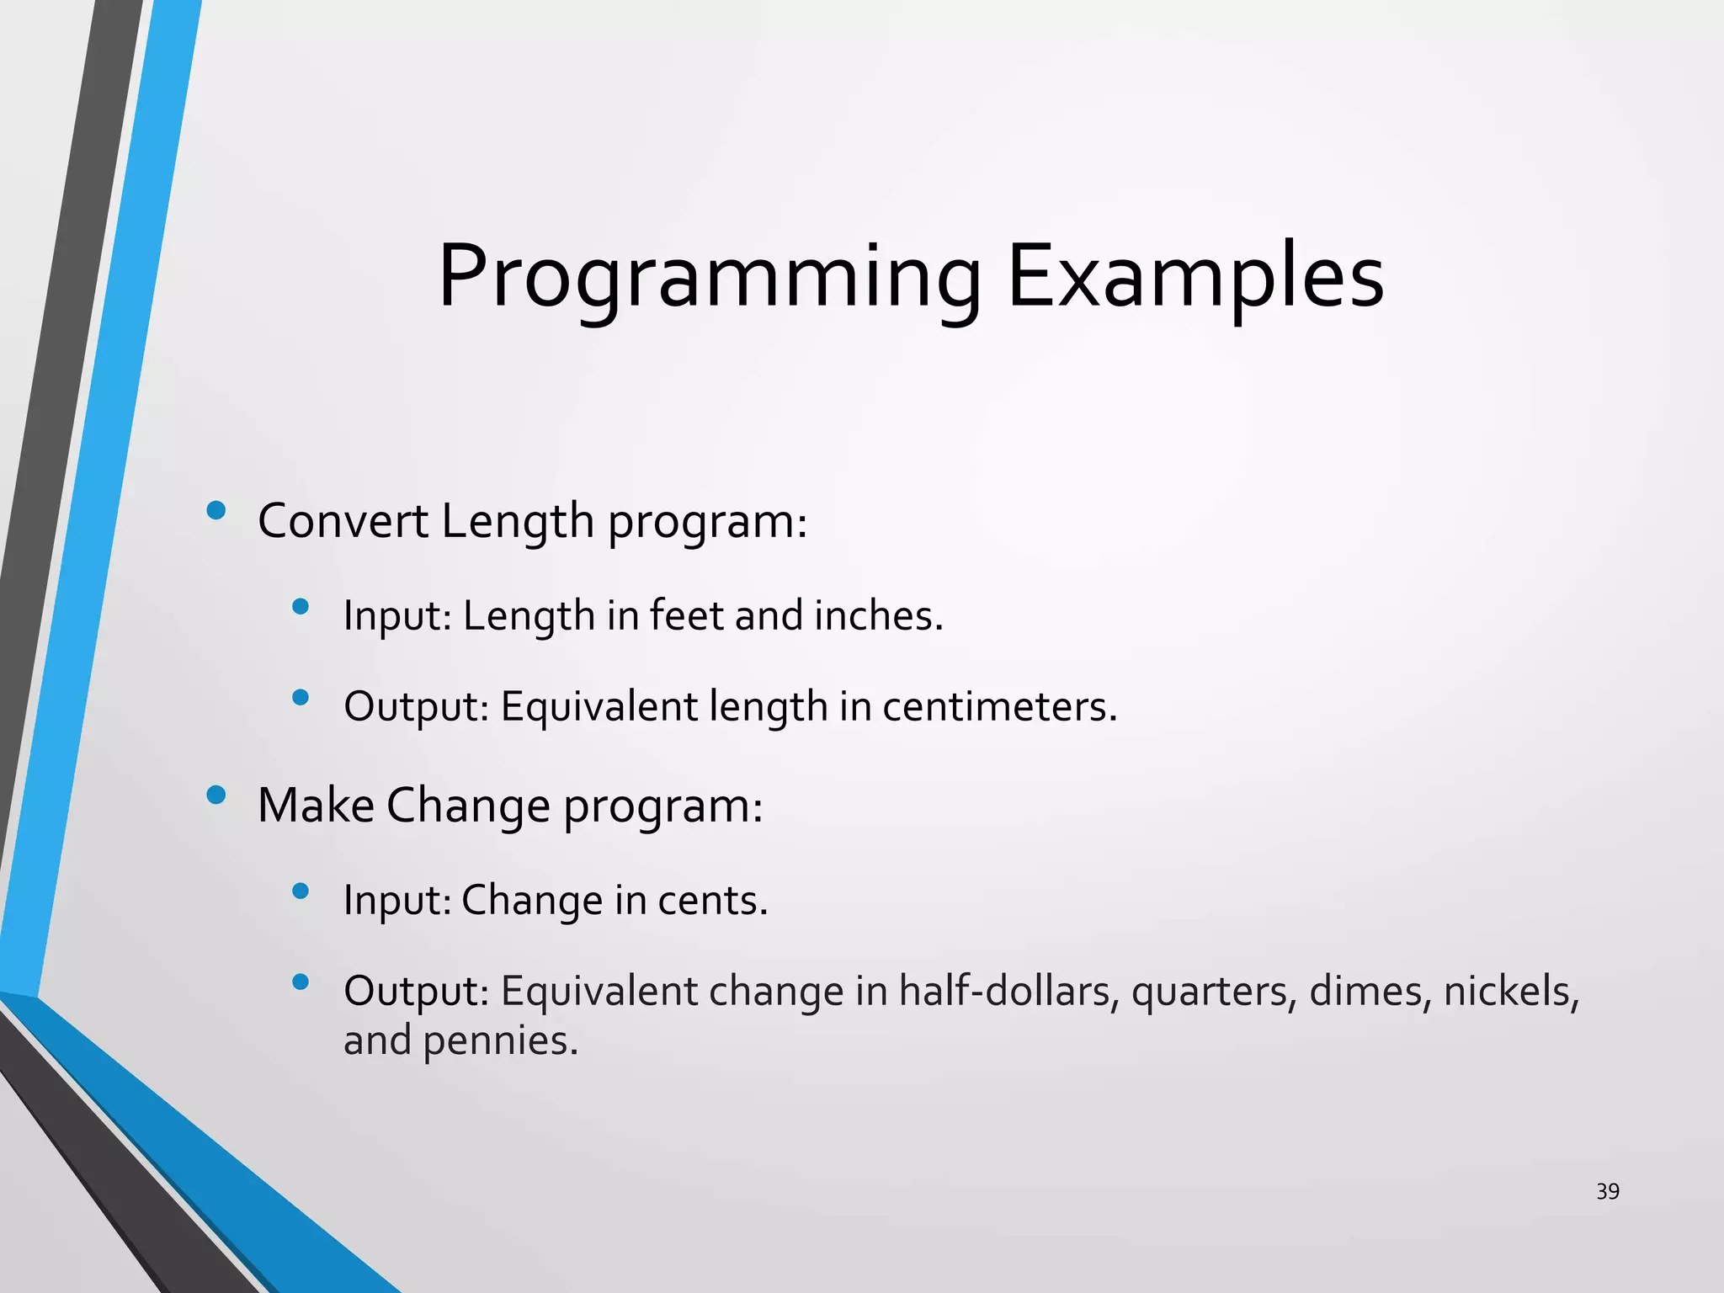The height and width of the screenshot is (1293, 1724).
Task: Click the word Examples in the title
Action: click(x=1195, y=278)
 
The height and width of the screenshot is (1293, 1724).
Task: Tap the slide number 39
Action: click(x=1607, y=1191)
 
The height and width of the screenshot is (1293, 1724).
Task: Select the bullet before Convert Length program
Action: click(x=215, y=510)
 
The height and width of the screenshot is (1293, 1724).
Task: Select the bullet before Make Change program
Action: click(x=215, y=795)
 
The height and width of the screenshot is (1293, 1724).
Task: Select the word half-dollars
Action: click(x=1008, y=991)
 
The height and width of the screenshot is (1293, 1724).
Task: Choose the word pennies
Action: click(x=500, y=1040)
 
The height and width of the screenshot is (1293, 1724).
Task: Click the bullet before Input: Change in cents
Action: click(x=301, y=891)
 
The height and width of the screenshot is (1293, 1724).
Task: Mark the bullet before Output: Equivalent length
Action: click(x=301, y=696)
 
